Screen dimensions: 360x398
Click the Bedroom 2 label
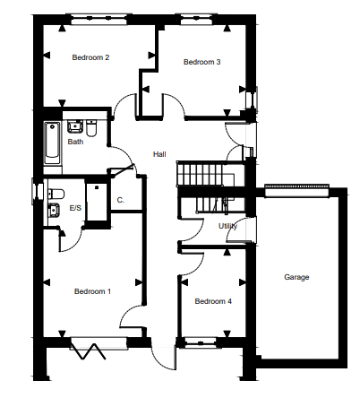pyautogui.click(x=90, y=57)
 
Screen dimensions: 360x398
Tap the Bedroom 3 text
pyautogui.click(x=202, y=62)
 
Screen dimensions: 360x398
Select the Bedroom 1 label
pyautogui.click(x=92, y=291)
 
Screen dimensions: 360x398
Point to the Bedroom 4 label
pyautogui.click(x=213, y=301)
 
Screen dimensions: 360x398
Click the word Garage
pyautogui.click(x=296, y=277)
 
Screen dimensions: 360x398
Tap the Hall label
pyautogui.click(x=159, y=154)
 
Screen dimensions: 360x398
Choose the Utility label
pyautogui.click(x=227, y=226)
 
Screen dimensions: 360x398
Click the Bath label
pyautogui.click(x=75, y=142)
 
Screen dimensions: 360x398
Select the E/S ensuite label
pyautogui.click(x=75, y=208)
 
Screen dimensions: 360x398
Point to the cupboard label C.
pyautogui.click(x=121, y=200)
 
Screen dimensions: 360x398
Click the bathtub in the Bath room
pyautogui.click(x=52, y=143)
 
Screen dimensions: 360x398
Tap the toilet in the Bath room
pyautogui.click(x=91, y=128)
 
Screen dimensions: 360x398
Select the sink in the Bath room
pyautogui.click(x=75, y=126)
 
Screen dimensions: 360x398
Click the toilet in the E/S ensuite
pyautogui.click(x=56, y=194)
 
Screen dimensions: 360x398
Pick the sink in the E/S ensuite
pyautogui.click(x=54, y=210)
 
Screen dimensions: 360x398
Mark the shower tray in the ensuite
pyautogui.click(x=97, y=203)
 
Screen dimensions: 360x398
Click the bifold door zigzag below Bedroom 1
pyautogui.click(x=88, y=351)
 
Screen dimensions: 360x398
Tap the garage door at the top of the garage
pyautogui.click(x=296, y=191)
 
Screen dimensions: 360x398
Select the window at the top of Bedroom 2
pyautogui.click(x=99, y=20)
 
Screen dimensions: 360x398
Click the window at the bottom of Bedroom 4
pyautogui.click(x=199, y=342)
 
